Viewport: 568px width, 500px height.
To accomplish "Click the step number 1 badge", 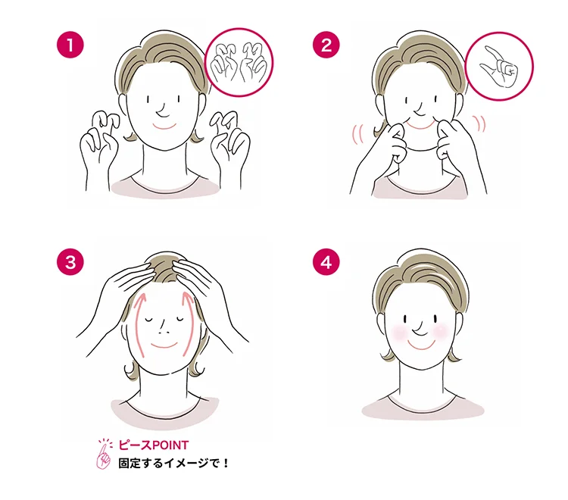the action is [70, 45].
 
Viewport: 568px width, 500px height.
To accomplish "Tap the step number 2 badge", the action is [326, 45].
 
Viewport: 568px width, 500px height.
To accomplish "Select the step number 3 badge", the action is [70, 261].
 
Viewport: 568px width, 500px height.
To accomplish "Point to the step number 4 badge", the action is [326, 261].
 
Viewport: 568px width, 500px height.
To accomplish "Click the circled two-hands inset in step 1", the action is [239, 63].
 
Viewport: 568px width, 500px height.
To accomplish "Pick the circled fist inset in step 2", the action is [499, 66].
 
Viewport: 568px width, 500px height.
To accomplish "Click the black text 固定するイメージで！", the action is [173, 463].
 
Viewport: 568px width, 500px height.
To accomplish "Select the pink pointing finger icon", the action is [104, 455].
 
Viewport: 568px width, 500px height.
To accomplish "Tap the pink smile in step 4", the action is [421, 345].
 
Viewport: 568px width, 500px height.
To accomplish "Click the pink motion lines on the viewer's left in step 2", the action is [357, 133].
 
